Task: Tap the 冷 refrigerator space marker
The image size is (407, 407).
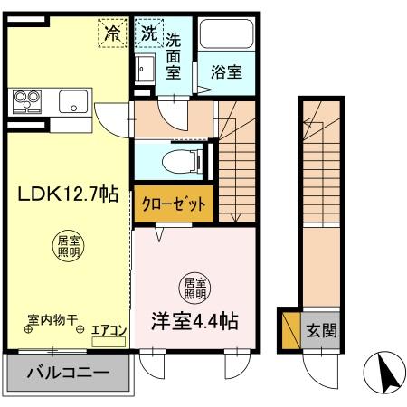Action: click(x=114, y=33)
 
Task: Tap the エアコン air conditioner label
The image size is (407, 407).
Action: click(x=111, y=331)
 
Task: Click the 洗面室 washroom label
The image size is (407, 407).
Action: click(x=174, y=55)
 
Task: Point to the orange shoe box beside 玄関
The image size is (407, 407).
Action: click(x=290, y=331)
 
